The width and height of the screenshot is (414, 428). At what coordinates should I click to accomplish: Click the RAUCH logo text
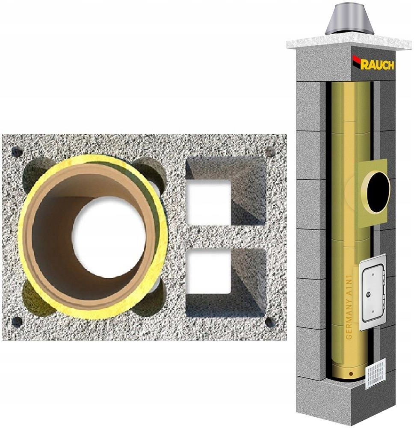click(378, 65)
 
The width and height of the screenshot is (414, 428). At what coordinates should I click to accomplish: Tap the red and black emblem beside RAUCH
click(357, 62)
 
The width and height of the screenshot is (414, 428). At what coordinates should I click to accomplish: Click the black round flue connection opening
click(378, 192)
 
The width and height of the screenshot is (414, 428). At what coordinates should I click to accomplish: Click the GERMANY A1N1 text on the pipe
click(349, 307)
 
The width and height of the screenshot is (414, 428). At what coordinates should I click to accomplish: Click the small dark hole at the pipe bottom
click(351, 374)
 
